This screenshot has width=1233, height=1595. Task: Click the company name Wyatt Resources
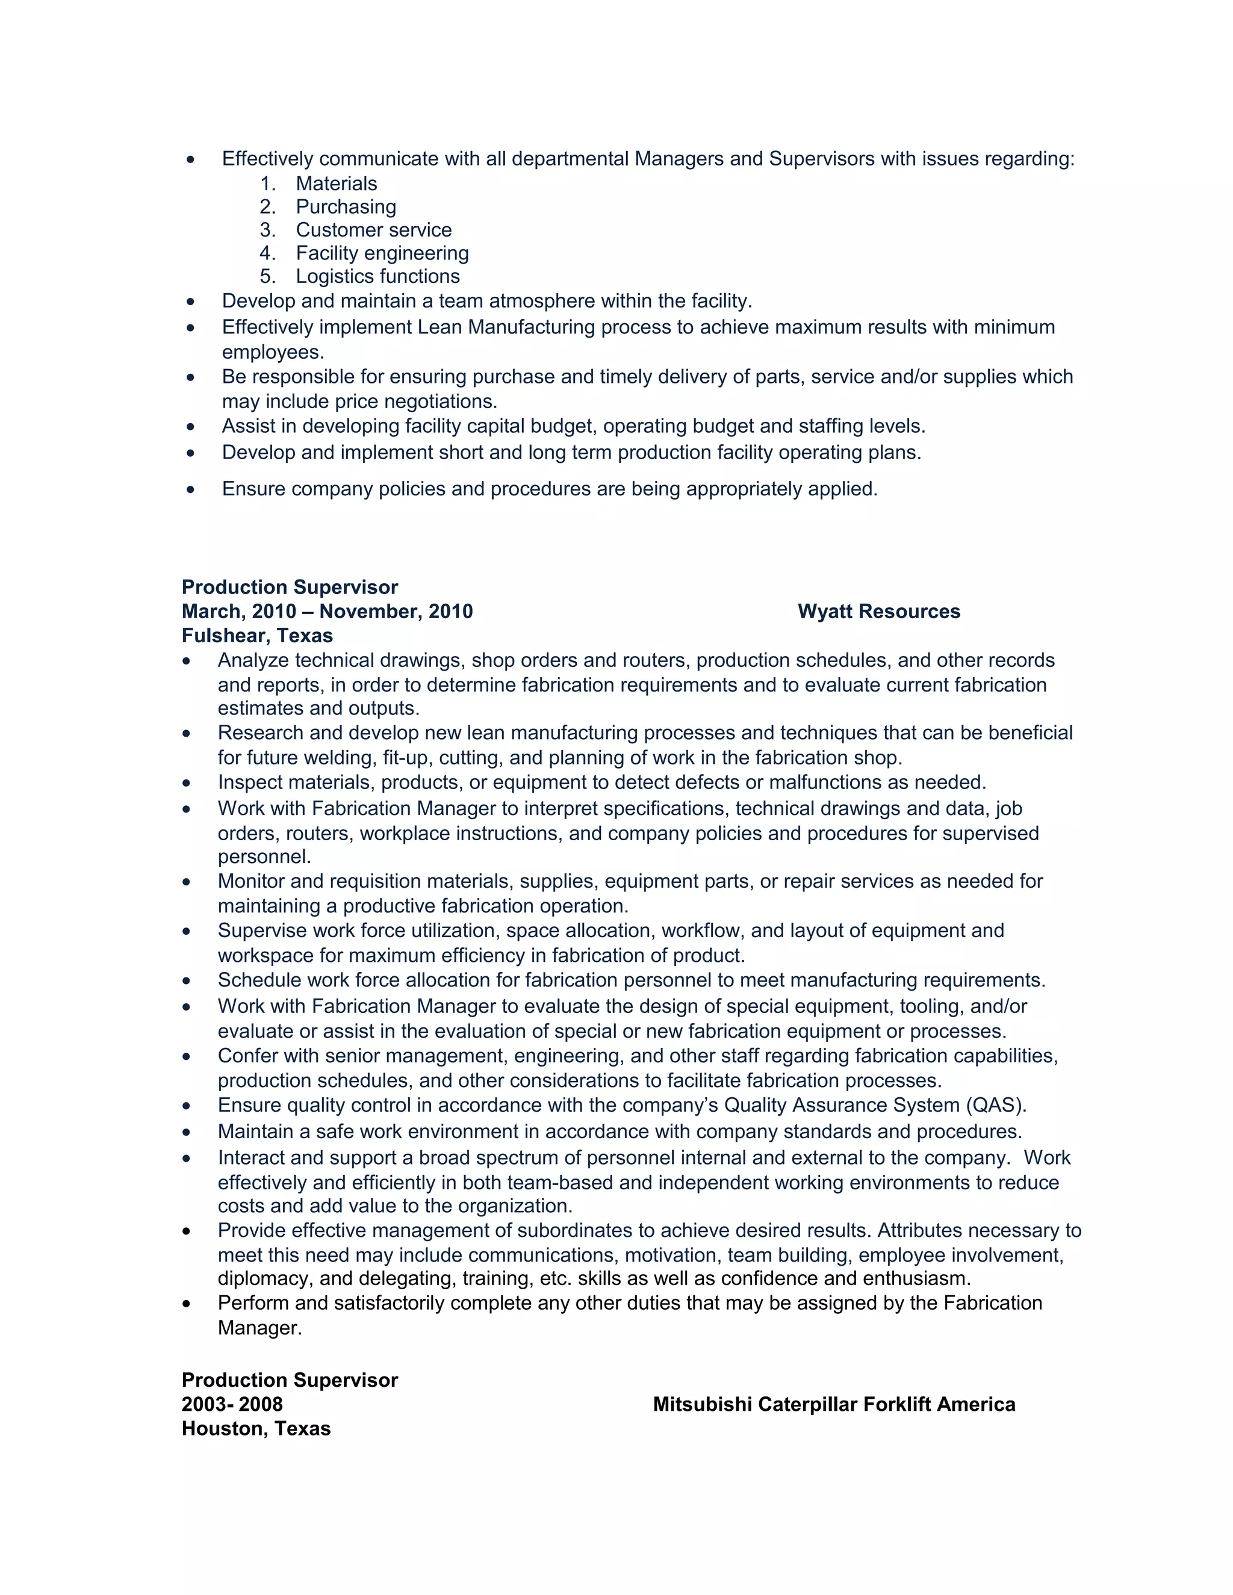click(879, 612)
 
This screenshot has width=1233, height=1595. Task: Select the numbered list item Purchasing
click(346, 206)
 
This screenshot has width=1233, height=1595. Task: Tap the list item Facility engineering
click(382, 253)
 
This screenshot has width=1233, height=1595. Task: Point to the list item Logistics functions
click(377, 276)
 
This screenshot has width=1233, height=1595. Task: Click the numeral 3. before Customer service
click(267, 230)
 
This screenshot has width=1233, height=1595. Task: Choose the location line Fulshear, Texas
click(257, 636)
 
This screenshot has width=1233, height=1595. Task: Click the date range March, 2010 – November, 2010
click(328, 612)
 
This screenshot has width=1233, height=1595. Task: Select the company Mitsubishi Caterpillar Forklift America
click(833, 1404)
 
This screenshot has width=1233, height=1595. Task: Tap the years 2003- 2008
click(232, 1404)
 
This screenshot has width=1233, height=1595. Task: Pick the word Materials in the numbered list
click(336, 184)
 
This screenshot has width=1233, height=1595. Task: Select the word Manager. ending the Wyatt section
click(260, 1328)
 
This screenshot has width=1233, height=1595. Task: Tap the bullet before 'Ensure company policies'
click(191, 489)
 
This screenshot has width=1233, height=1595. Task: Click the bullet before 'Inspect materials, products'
click(187, 784)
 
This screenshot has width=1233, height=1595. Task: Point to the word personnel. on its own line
click(264, 856)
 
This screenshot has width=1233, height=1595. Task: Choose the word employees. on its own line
click(273, 352)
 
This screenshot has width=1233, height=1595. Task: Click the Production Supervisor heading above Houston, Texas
click(290, 1380)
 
